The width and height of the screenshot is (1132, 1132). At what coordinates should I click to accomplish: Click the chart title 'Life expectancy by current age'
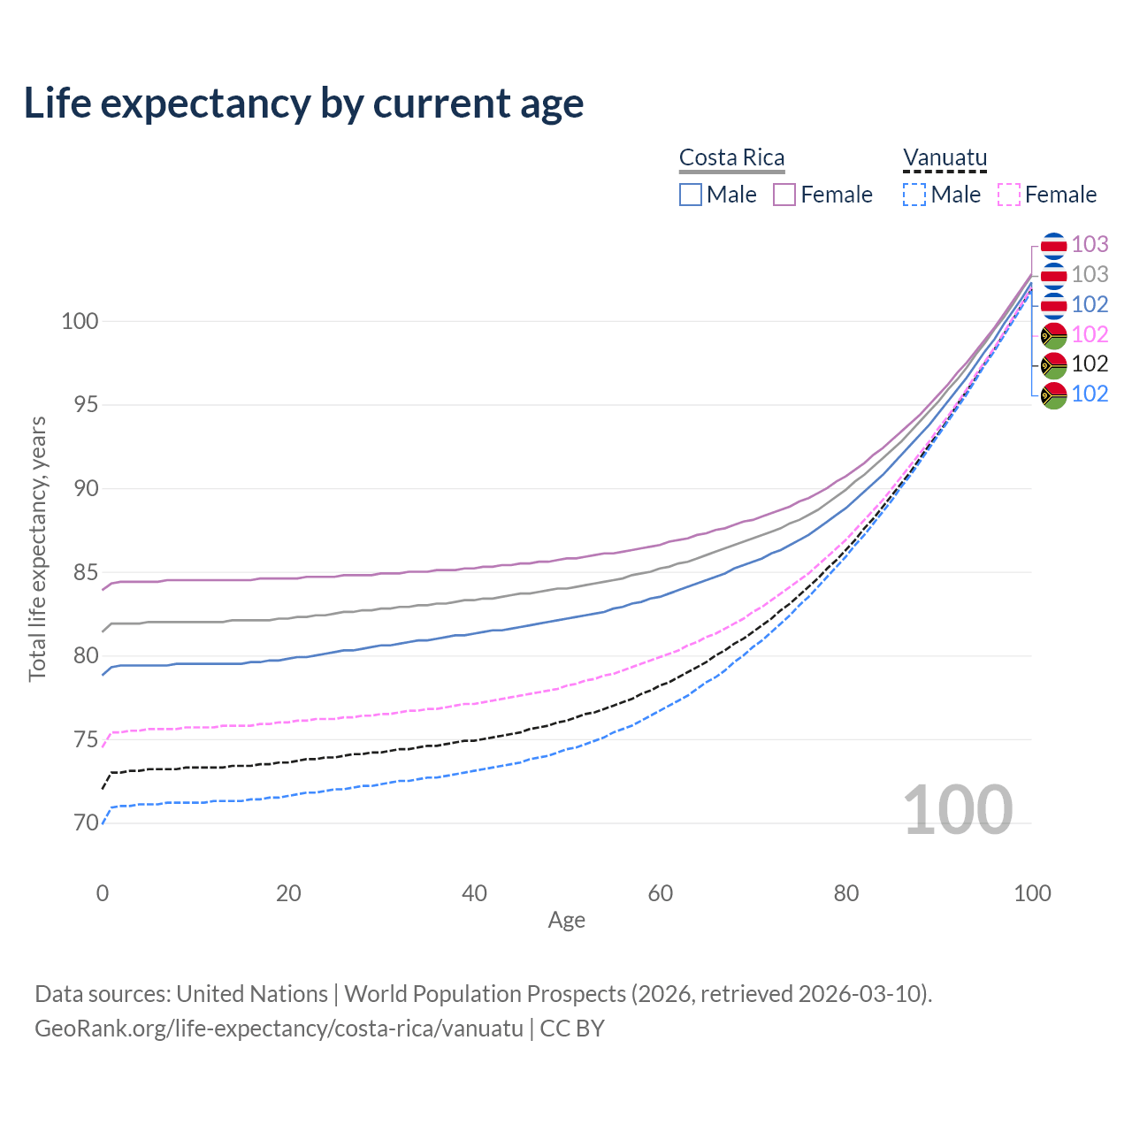tap(303, 103)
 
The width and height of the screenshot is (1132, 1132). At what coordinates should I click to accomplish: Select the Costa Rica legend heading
tap(731, 157)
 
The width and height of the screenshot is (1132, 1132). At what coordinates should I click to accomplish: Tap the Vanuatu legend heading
tap(945, 157)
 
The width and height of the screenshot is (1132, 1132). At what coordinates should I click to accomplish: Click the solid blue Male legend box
tap(691, 195)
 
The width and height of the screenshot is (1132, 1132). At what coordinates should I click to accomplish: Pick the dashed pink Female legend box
tap(1009, 195)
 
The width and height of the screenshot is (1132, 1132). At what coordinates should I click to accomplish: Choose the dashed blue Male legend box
tap(914, 195)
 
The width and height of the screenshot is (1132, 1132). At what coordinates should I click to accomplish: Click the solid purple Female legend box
tap(784, 195)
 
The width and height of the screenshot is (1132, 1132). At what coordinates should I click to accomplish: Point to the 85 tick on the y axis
tap(80, 572)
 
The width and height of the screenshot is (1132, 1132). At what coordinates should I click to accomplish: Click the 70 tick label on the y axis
tap(80, 822)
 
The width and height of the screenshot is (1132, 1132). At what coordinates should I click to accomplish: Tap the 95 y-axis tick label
tap(80, 405)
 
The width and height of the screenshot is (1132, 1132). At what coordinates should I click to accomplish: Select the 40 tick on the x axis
tap(474, 893)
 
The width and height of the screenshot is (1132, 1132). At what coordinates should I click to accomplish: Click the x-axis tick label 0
tap(103, 893)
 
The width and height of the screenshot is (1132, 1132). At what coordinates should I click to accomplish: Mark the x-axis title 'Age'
tap(566, 920)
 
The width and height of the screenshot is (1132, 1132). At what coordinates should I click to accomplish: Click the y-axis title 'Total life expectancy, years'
tap(37, 548)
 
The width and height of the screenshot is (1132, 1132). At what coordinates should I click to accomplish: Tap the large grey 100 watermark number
tap(957, 809)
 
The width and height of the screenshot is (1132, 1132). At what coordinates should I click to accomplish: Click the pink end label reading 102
tap(1090, 334)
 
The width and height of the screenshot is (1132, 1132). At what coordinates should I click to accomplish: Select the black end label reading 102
tap(1090, 363)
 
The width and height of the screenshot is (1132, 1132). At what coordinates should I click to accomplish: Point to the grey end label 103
tap(1090, 274)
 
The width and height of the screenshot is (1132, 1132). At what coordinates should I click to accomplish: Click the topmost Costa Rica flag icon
tap(1053, 245)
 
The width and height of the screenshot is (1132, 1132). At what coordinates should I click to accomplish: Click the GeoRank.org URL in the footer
tap(279, 1029)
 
